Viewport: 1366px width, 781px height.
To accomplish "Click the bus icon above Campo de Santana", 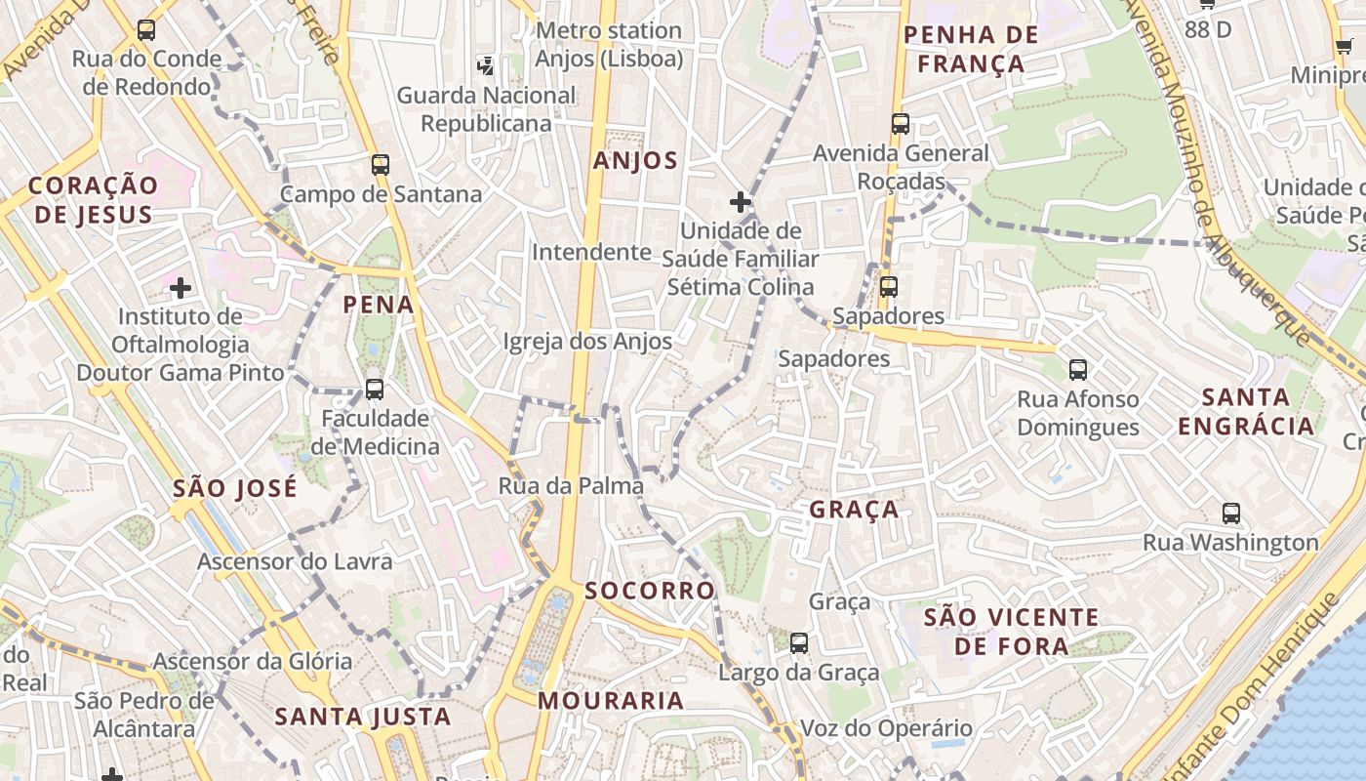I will point(381,165).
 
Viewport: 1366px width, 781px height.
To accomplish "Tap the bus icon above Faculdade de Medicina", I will point(374,390).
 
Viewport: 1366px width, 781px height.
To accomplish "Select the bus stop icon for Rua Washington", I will point(1231,514).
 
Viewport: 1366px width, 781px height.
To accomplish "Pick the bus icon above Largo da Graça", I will point(799,643).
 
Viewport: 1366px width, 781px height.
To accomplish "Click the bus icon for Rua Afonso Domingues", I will point(1078,370).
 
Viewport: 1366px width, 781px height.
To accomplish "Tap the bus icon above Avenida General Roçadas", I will point(901,124).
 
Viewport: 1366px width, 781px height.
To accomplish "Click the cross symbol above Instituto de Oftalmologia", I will point(181,288).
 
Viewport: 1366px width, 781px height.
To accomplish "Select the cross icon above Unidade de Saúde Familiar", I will point(741,202).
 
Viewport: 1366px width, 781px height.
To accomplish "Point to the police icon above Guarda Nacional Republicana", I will point(485,66).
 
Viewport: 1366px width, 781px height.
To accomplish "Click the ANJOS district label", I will point(635,161).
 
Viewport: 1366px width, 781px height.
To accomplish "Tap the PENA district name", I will point(379,305).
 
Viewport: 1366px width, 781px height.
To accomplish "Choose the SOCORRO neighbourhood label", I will point(650,591).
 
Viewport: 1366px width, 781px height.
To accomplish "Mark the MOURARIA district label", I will point(611,700).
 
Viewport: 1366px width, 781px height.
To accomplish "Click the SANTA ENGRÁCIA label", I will point(1246,411).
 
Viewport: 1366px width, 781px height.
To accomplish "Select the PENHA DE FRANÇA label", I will point(970,50).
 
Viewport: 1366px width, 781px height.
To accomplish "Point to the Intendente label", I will point(591,252).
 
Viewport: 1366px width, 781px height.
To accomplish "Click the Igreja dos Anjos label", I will point(587,341).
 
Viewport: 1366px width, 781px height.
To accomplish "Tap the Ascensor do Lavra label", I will point(295,561).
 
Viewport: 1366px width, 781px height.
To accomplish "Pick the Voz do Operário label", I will point(886,728).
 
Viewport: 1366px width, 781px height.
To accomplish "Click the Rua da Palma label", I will point(571,485).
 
